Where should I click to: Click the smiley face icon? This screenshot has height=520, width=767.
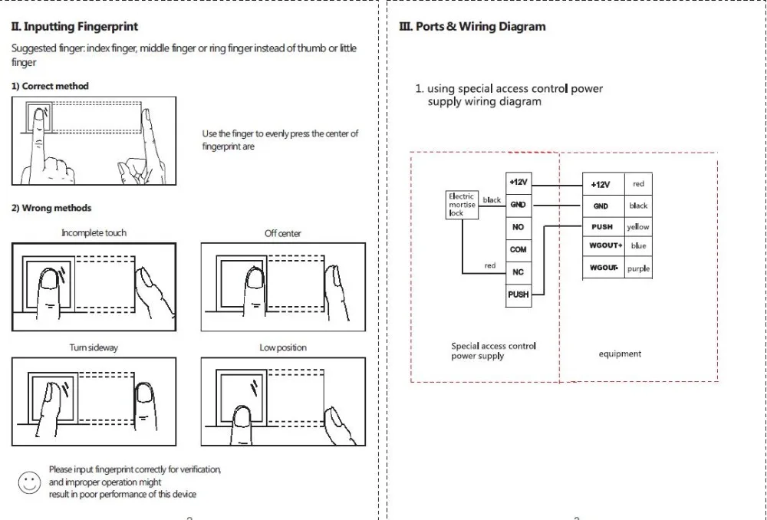click(29, 482)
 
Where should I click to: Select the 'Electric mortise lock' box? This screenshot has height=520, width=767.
click(462, 204)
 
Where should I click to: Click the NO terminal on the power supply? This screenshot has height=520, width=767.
click(518, 228)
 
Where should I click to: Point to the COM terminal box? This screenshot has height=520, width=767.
click(518, 250)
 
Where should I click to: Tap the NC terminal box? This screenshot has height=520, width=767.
click(518, 272)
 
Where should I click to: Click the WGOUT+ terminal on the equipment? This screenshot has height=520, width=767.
click(606, 246)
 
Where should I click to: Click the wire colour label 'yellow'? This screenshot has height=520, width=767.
click(638, 227)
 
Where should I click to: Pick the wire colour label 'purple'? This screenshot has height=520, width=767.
click(638, 269)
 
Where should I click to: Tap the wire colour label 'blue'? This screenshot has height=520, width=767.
click(638, 246)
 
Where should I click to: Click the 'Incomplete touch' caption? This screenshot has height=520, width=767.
click(94, 233)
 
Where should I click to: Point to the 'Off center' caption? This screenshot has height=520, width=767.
click(283, 233)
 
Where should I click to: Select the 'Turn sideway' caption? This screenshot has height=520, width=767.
click(94, 348)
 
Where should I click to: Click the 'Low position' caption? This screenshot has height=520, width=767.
click(283, 348)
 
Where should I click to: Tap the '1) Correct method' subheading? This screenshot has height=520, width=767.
click(50, 87)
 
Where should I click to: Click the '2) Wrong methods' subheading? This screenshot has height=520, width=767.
click(51, 209)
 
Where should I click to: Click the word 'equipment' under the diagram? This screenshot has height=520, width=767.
click(620, 354)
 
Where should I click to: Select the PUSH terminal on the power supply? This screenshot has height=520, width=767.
click(518, 295)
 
